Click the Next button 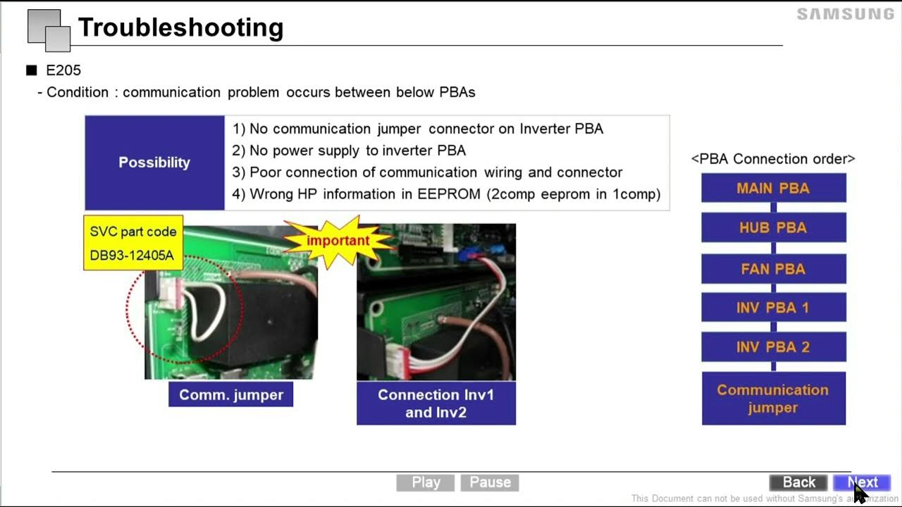(x=862, y=482)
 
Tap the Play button (x=426, y=482)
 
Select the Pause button (x=490, y=482)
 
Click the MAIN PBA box (x=773, y=188)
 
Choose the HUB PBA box (x=773, y=227)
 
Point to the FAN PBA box (x=773, y=268)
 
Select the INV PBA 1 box (x=773, y=308)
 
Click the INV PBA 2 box (x=773, y=347)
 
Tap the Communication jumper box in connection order (x=773, y=399)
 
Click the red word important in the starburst (x=338, y=240)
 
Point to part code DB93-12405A (x=132, y=255)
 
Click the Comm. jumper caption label (x=230, y=395)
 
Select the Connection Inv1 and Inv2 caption (x=435, y=403)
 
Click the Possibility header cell (x=154, y=163)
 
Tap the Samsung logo (x=845, y=14)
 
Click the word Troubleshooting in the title (x=180, y=27)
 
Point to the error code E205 (x=63, y=70)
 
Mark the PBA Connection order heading (x=773, y=159)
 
